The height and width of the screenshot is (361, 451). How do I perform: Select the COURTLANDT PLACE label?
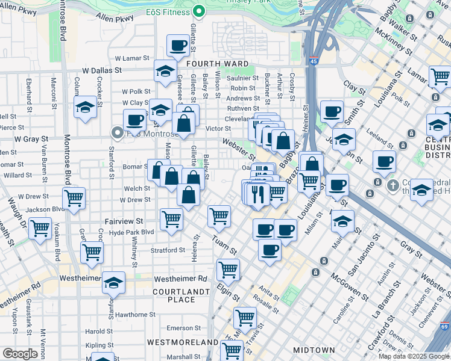pos(181,295)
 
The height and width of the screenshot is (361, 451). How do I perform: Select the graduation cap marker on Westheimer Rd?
pos(113,282)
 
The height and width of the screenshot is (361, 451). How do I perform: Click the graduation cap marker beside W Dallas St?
pos(165,71)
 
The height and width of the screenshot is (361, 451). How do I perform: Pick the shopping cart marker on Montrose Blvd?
pos(74,197)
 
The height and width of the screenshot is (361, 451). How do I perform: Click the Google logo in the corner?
pos(20,354)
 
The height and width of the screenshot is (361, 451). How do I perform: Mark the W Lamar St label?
pos(131,58)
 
